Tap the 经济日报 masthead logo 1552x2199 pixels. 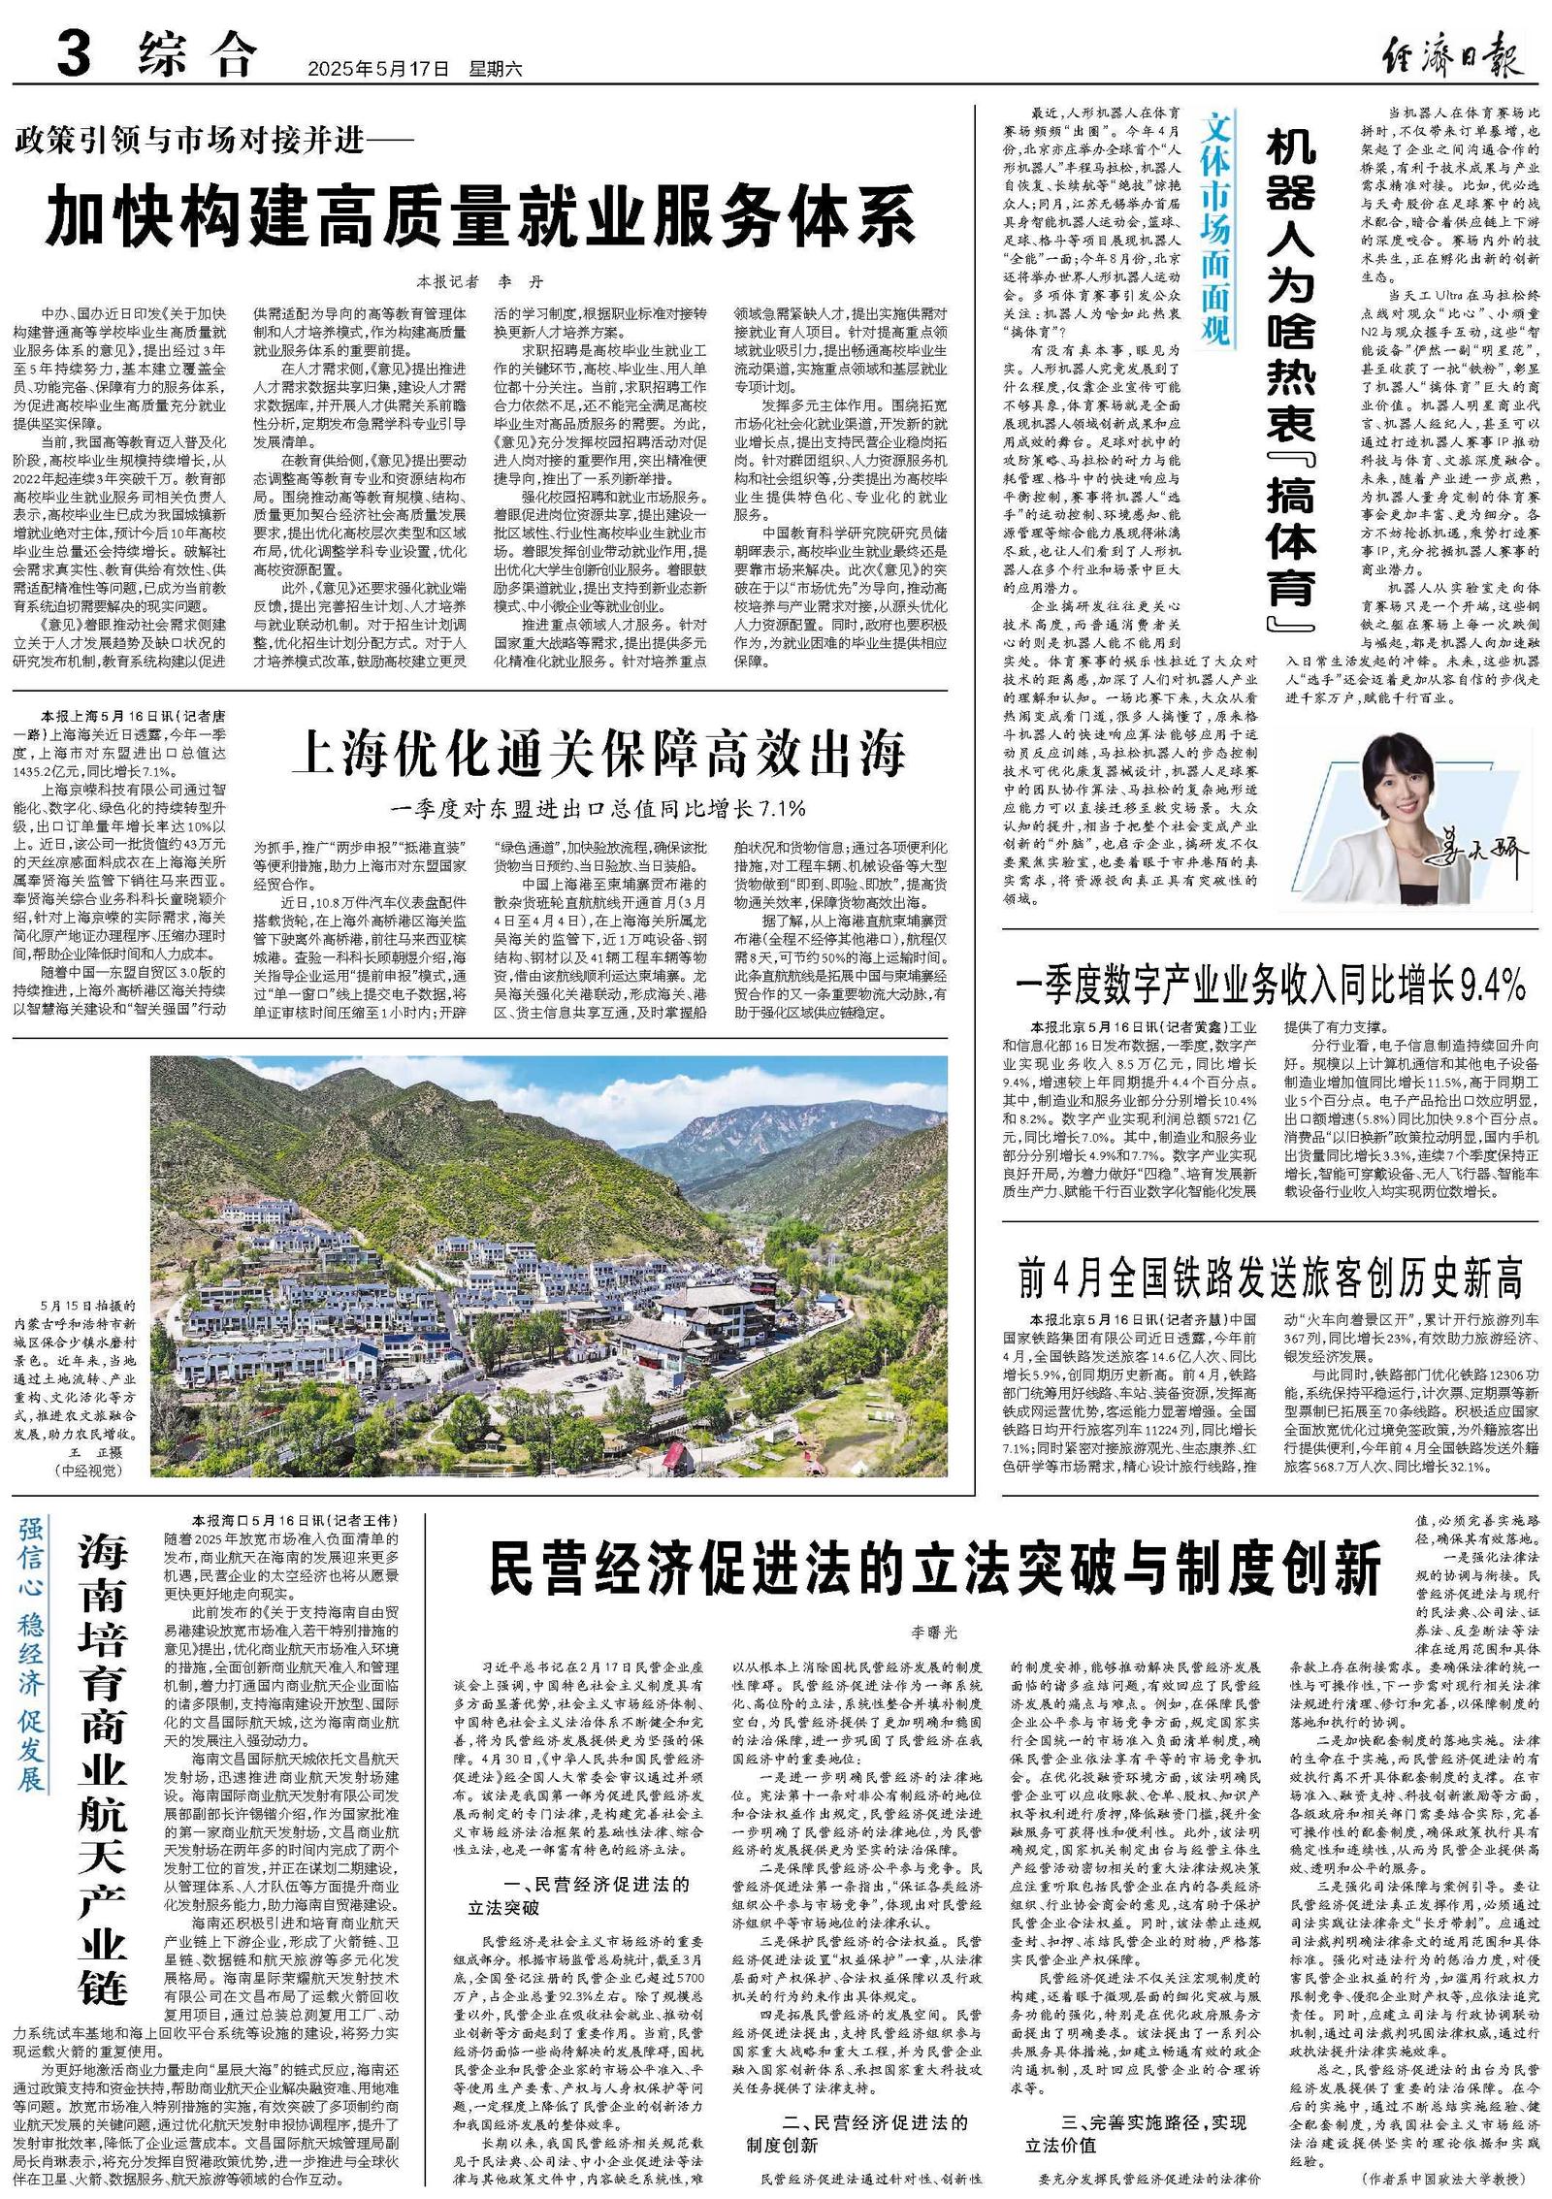1451,52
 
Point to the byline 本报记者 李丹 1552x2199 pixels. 480,282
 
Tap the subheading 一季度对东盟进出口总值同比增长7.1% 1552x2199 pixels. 598,807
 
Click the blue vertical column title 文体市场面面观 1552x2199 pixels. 1214,230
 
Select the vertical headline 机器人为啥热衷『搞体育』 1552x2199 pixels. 1290,378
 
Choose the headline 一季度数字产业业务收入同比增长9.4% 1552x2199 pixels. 1271,986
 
